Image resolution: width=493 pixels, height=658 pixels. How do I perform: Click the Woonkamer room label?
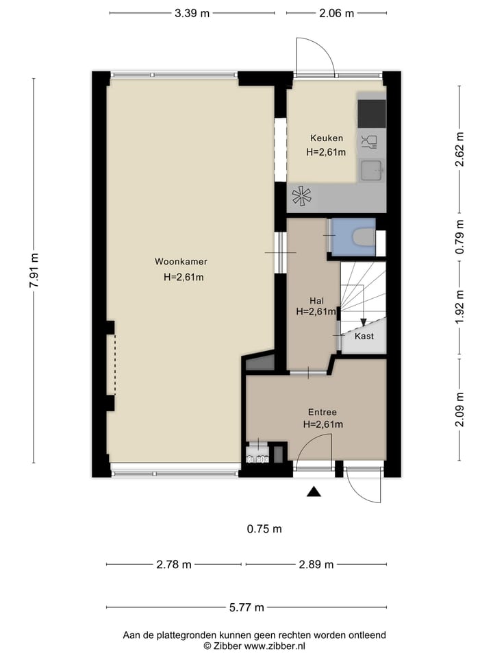pyautogui.click(x=181, y=261)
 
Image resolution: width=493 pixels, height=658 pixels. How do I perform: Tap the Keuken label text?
pyautogui.click(x=327, y=138)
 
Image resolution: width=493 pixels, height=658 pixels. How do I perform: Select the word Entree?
pyautogui.click(x=323, y=412)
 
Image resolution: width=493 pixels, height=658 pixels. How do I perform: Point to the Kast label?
pyautogui.click(x=364, y=336)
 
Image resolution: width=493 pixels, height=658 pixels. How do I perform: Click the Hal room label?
pyautogui.click(x=316, y=300)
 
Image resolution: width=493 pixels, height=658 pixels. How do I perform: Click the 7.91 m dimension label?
pyautogui.click(x=34, y=271)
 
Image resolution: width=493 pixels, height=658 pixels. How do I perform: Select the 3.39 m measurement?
pyautogui.click(x=192, y=14)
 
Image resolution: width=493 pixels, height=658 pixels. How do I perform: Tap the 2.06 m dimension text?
pyautogui.click(x=337, y=14)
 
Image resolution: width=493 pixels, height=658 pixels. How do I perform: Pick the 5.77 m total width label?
pyautogui.click(x=246, y=607)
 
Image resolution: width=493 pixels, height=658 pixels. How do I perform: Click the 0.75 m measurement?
pyautogui.click(x=264, y=528)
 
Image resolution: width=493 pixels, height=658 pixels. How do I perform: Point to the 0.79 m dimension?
pyautogui.click(x=460, y=236)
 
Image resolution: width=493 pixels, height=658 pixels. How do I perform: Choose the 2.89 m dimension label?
pyautogui.click(x=316, y=564)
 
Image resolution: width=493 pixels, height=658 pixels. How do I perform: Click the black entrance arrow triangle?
pyautogui.click(x=314, y=492)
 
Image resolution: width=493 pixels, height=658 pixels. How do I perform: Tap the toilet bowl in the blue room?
pyautogui.click(x=363, y=236)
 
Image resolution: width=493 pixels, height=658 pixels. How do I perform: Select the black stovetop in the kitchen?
pyautogui.click(x=371, y=114)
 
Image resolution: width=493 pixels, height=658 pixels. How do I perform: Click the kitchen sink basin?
pyautogui.click(x=371, y=171)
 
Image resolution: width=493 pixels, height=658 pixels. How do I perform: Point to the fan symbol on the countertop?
pyautogui.click(x=302, y=197)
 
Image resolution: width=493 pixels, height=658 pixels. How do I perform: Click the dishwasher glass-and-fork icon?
pyautogui.click(x=369, y=142)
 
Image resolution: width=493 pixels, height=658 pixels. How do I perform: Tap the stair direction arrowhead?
pyautogui.click(x=364, y=322)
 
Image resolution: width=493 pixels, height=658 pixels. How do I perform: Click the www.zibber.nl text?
pyautogui.click(x=275, y=646)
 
